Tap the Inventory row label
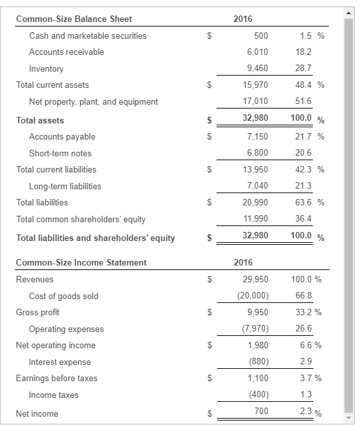click(47, 68)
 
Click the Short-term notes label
click(60, 153)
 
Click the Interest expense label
click(59, 362)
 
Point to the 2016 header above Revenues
click(243, 262)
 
